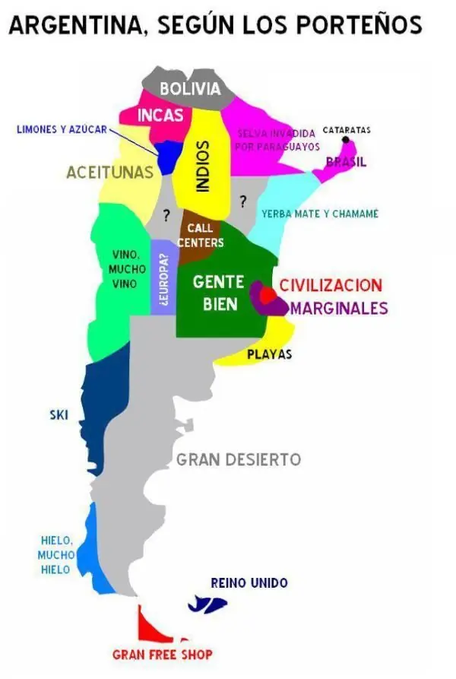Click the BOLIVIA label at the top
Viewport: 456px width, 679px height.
point(190,89)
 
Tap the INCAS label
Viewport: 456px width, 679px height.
point(160,115)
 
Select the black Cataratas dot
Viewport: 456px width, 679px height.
point(346,140)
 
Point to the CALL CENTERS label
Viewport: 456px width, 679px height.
point(200,235)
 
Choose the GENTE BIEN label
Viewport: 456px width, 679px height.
point(218,293)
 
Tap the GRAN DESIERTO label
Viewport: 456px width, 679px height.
point(238,459)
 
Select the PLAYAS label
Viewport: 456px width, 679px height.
point(269,354)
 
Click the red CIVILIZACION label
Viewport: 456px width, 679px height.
point(331,286)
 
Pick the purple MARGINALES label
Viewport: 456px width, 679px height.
point(339,308)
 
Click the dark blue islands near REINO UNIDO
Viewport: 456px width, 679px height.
point(207,605)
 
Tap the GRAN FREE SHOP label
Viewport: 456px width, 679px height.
point(162,654)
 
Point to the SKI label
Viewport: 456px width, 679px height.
point(59,414)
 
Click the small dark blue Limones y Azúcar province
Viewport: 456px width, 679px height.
point(169,157)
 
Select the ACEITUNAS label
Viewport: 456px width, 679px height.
point(109,173)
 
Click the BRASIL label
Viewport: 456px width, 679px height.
point(346,161)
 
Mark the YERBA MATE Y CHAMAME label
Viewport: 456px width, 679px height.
point(319,214)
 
